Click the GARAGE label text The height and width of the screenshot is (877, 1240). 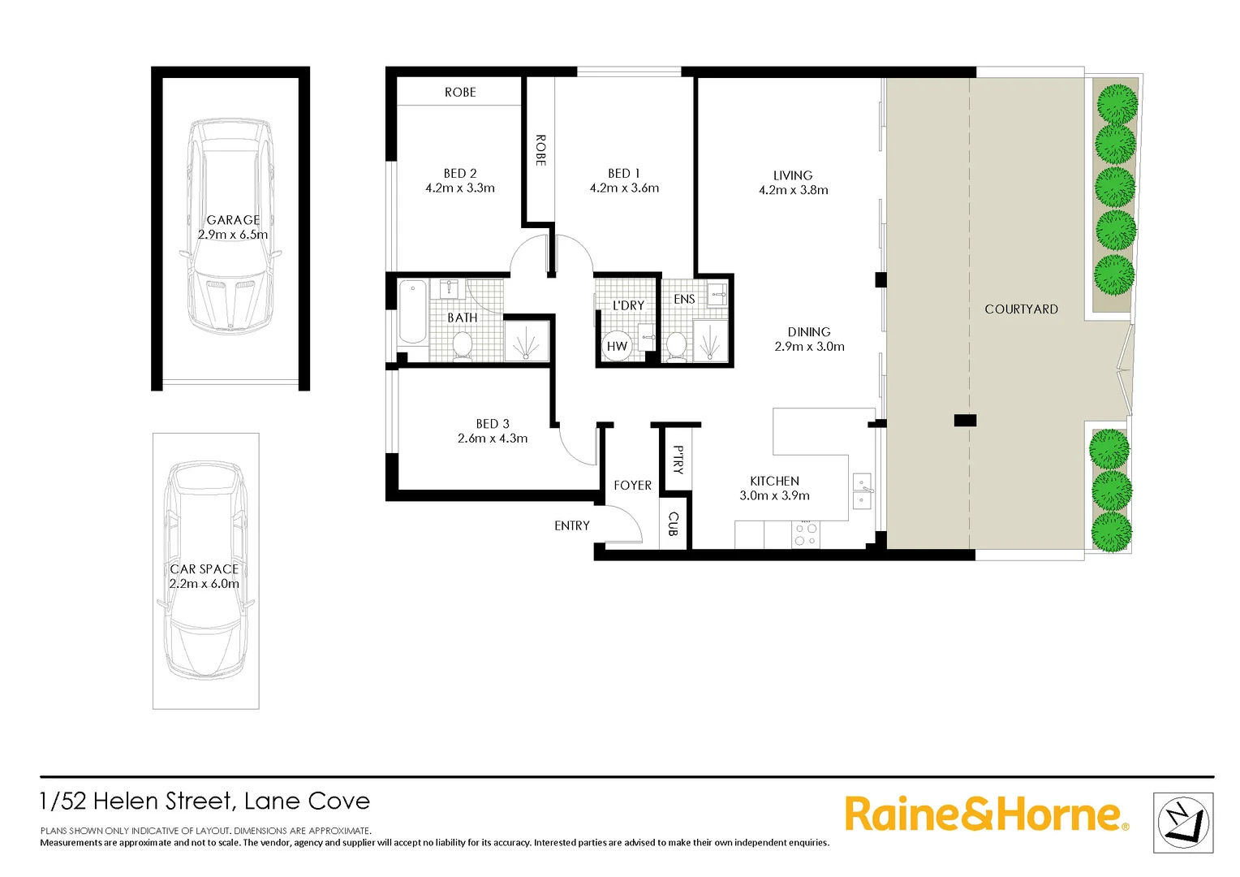point(233,220)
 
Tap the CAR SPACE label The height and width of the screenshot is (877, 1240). point(204,569)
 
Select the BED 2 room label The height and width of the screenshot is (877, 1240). point(460,173)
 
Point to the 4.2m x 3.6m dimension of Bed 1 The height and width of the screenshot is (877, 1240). point(624,188)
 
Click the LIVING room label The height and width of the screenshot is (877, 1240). point(793,175)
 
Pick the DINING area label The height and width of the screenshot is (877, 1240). point(809,331)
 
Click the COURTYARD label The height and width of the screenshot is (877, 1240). point(1021,309)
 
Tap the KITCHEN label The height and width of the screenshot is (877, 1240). point(774,481)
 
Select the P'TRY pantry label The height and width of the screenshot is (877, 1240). point(678,460)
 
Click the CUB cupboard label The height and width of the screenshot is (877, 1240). point(673,524)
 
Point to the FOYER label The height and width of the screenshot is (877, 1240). point(632,485)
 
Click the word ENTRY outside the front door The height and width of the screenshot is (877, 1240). point(572,525)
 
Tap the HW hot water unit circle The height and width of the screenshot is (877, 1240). point(617,346)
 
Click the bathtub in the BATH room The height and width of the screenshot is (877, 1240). point(412,311)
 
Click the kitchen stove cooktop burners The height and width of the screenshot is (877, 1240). point(806,534)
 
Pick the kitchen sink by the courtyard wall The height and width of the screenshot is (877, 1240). point(862,491)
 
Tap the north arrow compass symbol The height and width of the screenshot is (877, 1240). point(1183,823)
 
